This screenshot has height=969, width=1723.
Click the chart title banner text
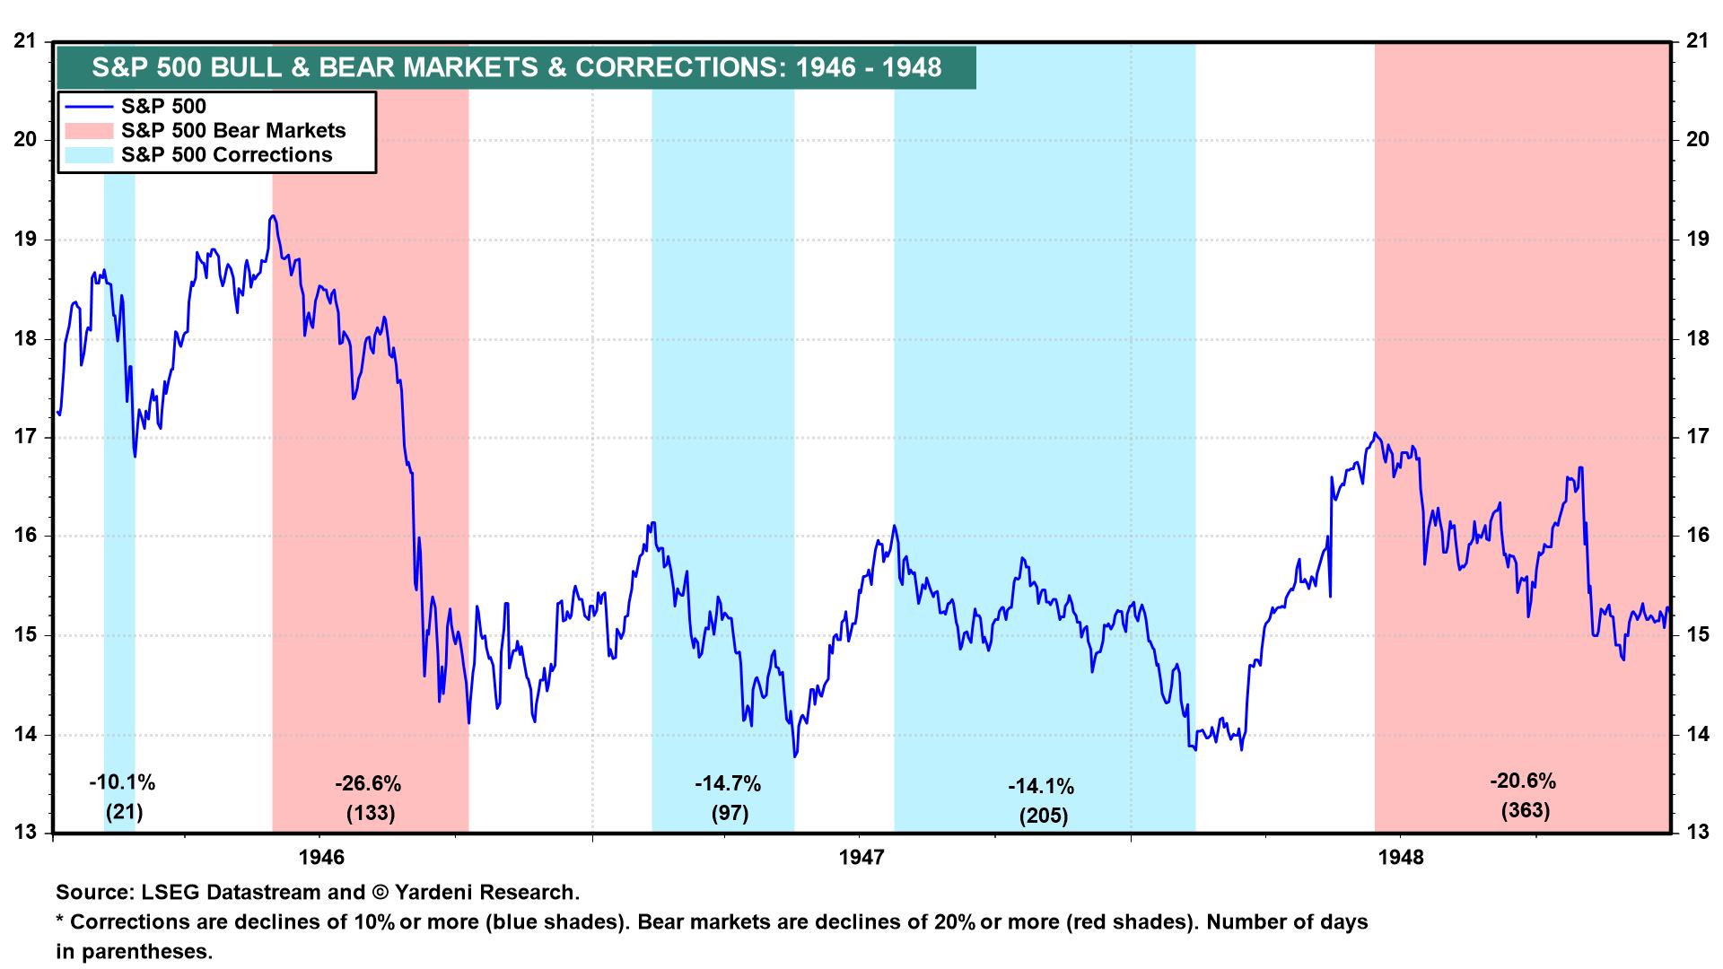click(516, 67)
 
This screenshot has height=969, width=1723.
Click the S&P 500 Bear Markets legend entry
click(232, 131)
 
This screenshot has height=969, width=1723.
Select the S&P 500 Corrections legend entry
click(226, 155)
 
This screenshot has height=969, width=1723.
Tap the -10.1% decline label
click(122, 783)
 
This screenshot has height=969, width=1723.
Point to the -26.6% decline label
click(368, 785)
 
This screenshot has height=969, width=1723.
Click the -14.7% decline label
click(727, 785)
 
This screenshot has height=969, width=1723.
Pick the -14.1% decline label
click(1041, 788)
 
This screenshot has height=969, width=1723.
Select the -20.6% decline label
click(1523, 781)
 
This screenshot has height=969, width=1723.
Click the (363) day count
click(1525, 811)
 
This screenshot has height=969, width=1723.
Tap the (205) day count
click(1043, 816)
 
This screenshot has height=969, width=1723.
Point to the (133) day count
click(370, 814)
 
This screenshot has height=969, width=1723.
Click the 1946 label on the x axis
click(321, 858)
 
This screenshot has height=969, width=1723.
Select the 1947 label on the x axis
click(861, 858)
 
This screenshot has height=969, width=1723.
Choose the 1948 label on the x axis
click(1400, 858)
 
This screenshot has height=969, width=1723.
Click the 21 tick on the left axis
click(25, 41)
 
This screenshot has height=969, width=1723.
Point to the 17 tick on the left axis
click(25, 438)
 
